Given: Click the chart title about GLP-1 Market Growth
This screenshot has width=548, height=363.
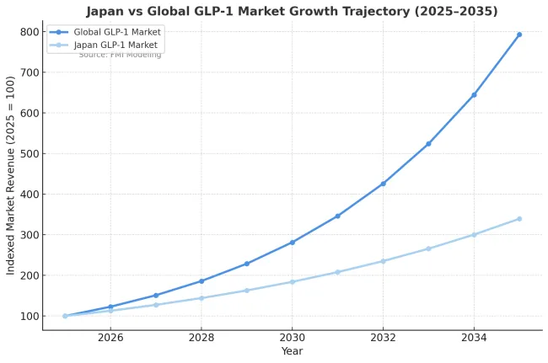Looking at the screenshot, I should click(x=292, y=12).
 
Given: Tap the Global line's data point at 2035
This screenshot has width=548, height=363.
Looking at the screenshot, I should click(x=519, y=35).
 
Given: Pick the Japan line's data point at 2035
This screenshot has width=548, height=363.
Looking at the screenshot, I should click(x=519, y=219).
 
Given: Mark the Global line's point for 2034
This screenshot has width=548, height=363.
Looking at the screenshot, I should click(x=474, y=94).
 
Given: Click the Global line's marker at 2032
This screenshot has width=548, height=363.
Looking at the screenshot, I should click(x=383, y=184).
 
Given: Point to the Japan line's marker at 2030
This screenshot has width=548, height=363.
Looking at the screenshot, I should click(x=292, y=281).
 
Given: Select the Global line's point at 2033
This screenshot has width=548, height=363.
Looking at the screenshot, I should click(x=428, y=144).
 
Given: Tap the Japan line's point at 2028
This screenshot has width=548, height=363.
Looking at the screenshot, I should click(x=201, y=298).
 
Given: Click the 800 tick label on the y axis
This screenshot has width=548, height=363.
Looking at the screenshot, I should click(x=30, y=32).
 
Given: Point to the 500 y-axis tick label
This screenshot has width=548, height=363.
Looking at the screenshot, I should click(x=30, y=153).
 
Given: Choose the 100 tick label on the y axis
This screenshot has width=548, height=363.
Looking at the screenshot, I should click(x=30, y=316).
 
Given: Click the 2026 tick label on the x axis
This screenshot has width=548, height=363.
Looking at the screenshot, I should click(x=110, y=337).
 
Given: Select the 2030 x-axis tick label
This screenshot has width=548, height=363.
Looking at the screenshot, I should click(x=292, y=337).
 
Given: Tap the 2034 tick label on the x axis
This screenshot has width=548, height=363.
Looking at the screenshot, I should click(x=474, y=337).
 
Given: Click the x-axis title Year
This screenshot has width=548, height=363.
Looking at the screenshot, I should click(x=292, y=351).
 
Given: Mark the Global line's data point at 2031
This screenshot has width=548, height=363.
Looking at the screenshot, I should click(x=337, y=216).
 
